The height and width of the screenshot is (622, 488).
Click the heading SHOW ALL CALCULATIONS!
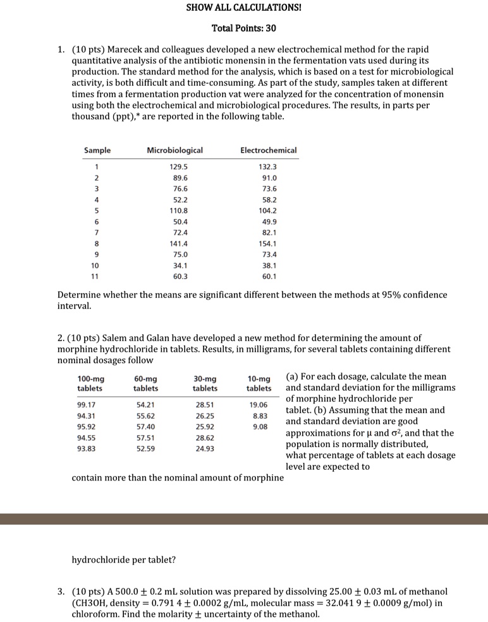tap(243, 8)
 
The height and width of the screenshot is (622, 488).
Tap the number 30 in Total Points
tap(270, 28)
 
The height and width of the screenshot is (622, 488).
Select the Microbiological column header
tap(174, 150)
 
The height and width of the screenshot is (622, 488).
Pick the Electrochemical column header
tap(268, 150)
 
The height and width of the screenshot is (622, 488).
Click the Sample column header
tap(97, 150)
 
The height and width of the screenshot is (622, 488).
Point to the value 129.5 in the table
tap(179, 167)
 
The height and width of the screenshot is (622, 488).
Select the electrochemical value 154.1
tap(268, 243)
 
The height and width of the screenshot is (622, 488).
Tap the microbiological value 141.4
tap(179, 243)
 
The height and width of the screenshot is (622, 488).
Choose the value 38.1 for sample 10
tap(268, 265)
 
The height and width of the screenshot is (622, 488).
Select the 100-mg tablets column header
tap(91, 383)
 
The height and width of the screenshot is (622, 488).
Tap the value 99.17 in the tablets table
tap(86, 404)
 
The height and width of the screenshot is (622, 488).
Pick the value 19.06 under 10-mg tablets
tap(259, 404)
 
